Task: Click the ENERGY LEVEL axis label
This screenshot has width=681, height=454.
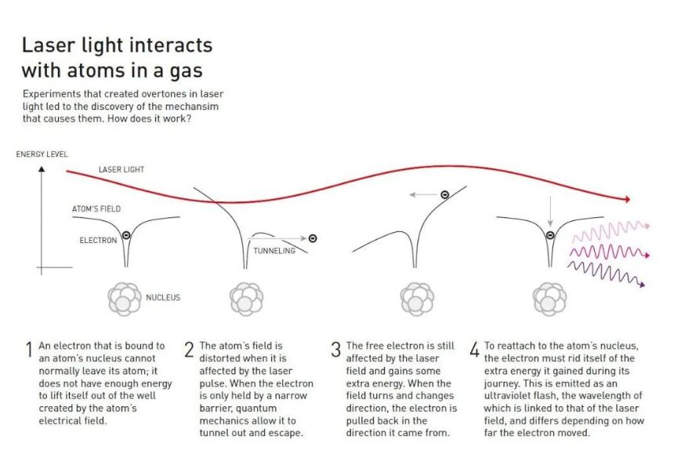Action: (42, 154)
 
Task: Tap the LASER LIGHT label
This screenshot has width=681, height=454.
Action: (121, 169)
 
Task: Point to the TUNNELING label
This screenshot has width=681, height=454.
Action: (274, 251)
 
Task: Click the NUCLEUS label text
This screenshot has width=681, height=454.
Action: (163, 297)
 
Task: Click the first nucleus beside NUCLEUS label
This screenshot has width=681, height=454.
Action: (124, 298)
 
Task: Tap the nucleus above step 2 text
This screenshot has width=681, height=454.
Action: (245, 298)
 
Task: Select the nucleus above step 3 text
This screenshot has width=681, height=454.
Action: (416, 298)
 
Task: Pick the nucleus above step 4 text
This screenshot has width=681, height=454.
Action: (549, 298)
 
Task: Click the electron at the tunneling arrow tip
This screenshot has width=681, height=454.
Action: (313, 238)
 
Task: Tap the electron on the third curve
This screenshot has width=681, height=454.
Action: (444, 194)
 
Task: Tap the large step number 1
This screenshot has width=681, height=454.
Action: (28, 350)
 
